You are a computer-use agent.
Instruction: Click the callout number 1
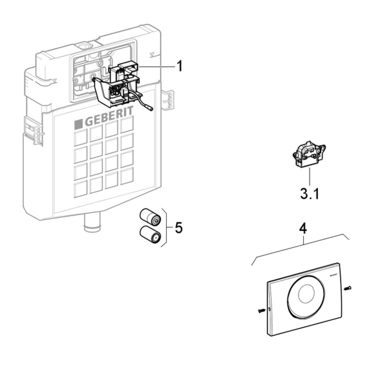point(180,67)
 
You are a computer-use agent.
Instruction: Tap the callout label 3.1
point(309,194)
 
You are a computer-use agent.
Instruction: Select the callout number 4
point(303,229)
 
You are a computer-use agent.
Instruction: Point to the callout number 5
point(178,228)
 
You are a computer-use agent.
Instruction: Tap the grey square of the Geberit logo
point(79,124)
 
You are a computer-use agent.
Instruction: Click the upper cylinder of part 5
point(150,217)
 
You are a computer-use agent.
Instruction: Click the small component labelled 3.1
point(309,155)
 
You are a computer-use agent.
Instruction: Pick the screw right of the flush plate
point(348,288)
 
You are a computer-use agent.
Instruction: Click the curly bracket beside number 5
point(164,227)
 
